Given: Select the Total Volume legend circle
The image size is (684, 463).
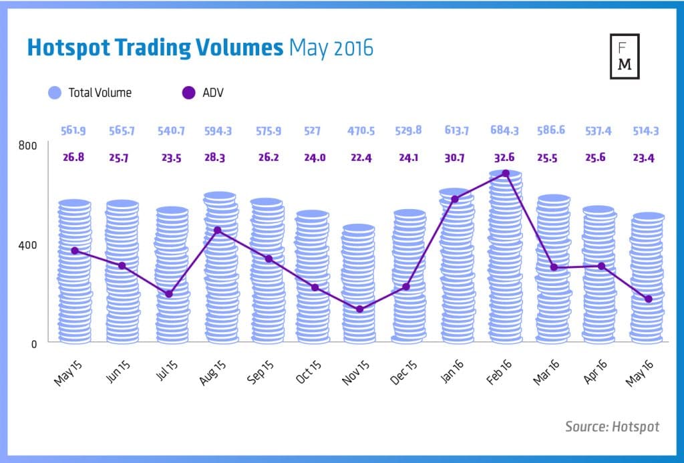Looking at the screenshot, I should pyautogui.click(x=55, y=93).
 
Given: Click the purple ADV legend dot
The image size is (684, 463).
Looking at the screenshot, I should pyautogui.click(x=189, y=93).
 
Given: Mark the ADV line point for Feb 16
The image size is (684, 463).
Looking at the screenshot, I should pyautogui.click(x=506, y=174).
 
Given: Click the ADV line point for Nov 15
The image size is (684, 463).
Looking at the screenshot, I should pyautogui.click(x=360, y=309).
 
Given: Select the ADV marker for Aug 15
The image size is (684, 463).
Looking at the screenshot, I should pyautogui.click(x=217, y=230).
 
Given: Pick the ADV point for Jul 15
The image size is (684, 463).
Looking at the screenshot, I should pyautogui.click(x=169, y=294).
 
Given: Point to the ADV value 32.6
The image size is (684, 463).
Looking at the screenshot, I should pyautogui.click(x=504, y=158).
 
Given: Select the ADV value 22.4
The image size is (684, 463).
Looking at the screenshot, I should pyautogui.click(x=361, y=158).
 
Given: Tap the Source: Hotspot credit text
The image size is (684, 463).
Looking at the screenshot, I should pyautogui.click(x=611, y=426).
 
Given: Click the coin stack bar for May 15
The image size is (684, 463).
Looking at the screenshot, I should pyautogui.click(x=74, y=274).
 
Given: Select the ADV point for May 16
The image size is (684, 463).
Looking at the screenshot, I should pyautogui.click(x=648, y=299).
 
